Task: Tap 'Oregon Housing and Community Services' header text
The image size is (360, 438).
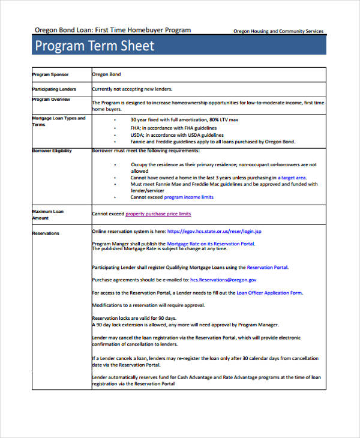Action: coord(278,31)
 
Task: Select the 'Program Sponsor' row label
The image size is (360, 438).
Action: coord(50,74)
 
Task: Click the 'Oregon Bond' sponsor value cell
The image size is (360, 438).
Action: coord(106,74)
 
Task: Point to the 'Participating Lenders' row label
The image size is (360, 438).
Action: coord(54,89)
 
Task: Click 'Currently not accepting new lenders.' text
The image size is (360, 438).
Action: coord(131,89)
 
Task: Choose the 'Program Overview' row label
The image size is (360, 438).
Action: coord(52,100)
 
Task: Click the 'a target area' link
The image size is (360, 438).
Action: coord(292,178)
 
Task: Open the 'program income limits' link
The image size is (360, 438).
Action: coord(188,197)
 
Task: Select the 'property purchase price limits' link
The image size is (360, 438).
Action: coord(158,214)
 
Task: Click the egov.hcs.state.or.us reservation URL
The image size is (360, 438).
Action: coord(214,231)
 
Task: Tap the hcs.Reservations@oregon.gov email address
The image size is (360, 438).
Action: coord(223,280)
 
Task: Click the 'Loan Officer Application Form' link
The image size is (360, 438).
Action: coord(269,293)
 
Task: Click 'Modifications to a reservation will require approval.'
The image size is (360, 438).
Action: coord(148,305)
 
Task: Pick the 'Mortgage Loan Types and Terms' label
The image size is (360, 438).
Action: coord(58,121)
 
